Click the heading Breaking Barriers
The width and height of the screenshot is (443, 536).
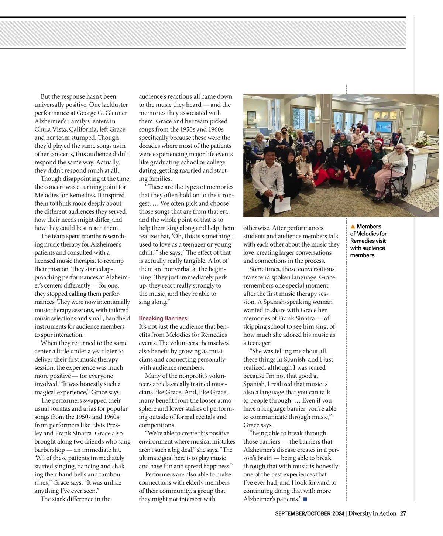(163, 318)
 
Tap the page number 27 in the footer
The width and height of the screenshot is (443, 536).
(403, 513)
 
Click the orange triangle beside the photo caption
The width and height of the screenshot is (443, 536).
(353, 227)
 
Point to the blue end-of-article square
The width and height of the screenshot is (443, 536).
(305, 499)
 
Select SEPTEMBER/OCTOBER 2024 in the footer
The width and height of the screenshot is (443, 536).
(309, 513)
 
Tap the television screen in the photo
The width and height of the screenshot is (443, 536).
(384, 126)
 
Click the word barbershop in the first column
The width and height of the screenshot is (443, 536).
(49, 450)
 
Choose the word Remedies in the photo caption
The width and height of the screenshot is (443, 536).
(362, 241)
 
